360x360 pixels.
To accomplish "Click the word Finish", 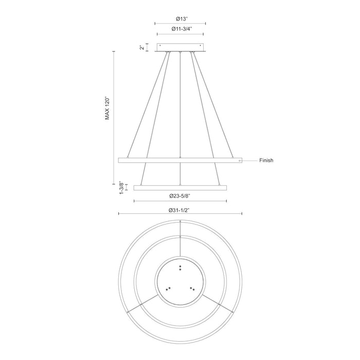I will tap(266, 160).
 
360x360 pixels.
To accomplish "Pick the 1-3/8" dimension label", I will tap(121, 186).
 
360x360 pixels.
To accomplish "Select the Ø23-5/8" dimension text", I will tap(180, 196).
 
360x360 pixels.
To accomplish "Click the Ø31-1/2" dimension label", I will tap(180, 210).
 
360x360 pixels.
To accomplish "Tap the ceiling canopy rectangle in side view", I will tap(180, 47).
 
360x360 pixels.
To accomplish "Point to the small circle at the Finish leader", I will tap(239, 160).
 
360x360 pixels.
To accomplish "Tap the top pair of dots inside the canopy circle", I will tap(180, 267).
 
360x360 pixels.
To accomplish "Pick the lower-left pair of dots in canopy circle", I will tap(168, 288).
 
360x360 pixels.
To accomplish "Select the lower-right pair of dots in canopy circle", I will tap(192, 288).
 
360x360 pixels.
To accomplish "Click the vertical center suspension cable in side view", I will tap(180, 103).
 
